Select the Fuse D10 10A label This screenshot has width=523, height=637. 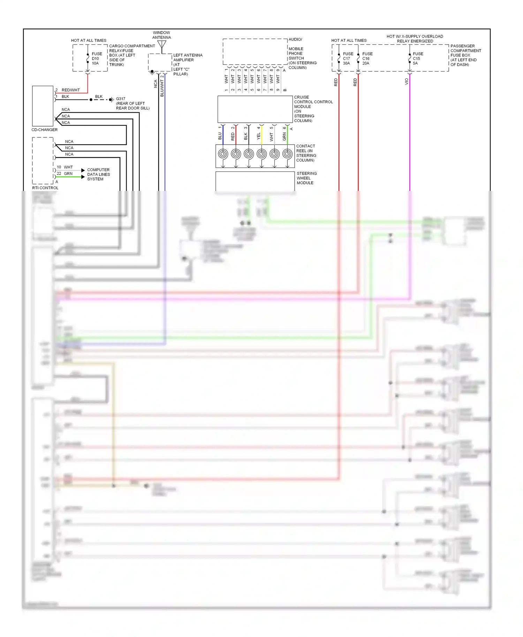click(97, 59)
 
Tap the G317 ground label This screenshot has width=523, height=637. click(121, 99)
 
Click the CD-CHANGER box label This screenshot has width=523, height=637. click(45, 130)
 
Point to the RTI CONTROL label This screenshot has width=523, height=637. click(45, 188)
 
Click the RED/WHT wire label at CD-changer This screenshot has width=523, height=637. click(71, 90)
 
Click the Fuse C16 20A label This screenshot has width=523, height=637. click(367, 59)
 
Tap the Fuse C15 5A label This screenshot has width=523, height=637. click(418, 59)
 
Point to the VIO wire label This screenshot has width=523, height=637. click(406, 82)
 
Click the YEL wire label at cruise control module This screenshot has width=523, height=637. click(259, 136)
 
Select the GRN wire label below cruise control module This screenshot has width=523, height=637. click(285, 137)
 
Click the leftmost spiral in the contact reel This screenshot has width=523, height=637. click(223, 154)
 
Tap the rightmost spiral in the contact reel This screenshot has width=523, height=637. click(287, 154)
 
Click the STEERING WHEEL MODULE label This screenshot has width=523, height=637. click(306, 178)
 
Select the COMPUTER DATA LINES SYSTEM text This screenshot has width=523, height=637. click(98, 174)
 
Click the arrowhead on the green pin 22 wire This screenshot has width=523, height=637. click(83, 177)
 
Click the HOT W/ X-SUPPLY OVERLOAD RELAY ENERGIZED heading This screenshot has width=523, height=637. click(415, 39)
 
